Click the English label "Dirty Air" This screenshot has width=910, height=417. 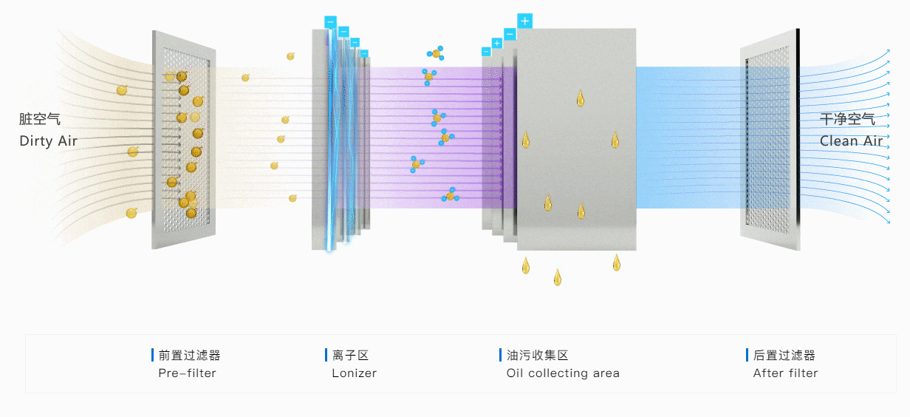(x=48, y=141)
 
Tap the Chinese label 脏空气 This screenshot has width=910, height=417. (x=40, y=120)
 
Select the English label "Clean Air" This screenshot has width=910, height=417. (x=851, y=141)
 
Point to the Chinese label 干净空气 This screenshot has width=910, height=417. (x=847, y=119)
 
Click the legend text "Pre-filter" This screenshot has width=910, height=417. (x=187, y=373)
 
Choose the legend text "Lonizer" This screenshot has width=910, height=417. (x=354, y=373)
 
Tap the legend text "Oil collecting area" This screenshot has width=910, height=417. (x=563, y=373)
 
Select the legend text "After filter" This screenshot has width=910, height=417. (x=785, y=373)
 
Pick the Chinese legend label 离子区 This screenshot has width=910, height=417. (x=349, y=356)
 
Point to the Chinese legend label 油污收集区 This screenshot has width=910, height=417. (x=537, y=356)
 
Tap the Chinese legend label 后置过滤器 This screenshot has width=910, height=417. (x=784, y=356)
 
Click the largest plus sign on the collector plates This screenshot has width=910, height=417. (x=524, y=21)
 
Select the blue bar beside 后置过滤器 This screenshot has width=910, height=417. (x=747, y=356)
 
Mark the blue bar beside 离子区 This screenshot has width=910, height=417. (x=326, y=356)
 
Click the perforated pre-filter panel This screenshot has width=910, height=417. (x=185, y=140)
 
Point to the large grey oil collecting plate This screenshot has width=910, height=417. (x=576, y=140)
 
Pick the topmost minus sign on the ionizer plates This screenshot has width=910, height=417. (x=330, y=21)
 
